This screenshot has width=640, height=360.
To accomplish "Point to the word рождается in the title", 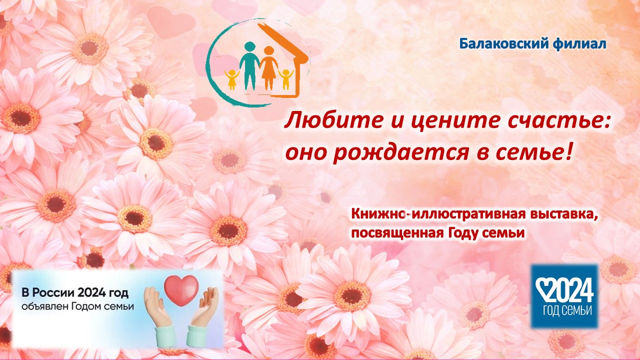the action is pos(401,153).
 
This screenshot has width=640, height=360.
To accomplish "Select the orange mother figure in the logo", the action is pos(269,68).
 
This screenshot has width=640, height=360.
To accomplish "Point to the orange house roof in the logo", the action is pos(283,42).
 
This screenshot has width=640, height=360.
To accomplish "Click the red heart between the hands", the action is pos(181,289).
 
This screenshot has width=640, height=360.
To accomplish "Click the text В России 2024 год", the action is pos(75,293).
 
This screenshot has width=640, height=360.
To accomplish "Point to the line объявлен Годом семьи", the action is pos(77,306).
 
